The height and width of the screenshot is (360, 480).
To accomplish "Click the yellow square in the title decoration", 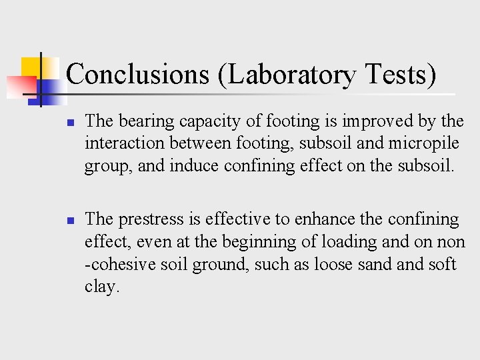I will pos(31,67).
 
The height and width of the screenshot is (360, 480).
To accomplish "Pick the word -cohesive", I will pos(117,264).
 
